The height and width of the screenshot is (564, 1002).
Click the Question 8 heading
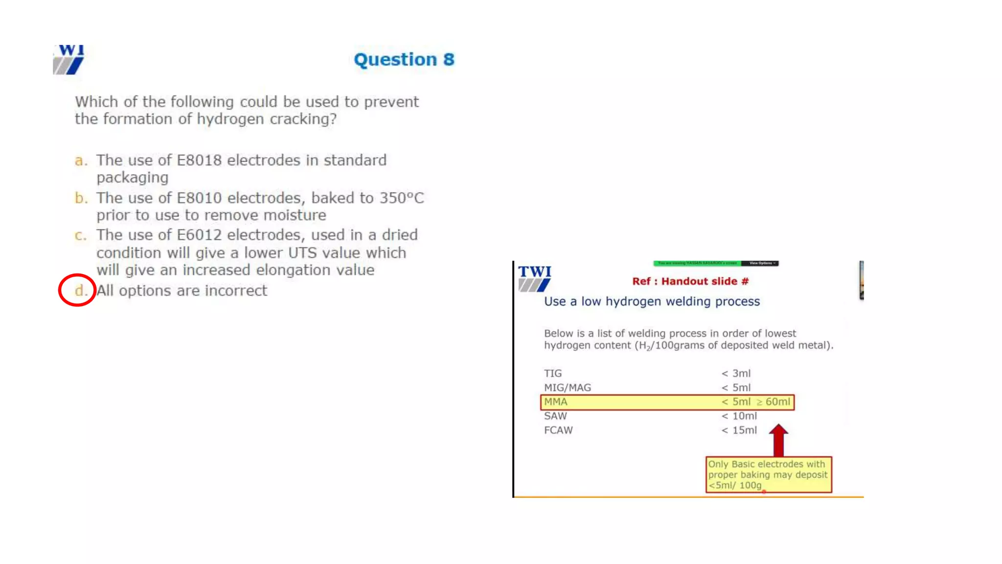[404, 59]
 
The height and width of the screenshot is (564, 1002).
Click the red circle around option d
[77, 290]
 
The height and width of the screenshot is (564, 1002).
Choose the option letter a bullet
[81, 161]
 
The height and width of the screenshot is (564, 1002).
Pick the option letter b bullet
[81, 198]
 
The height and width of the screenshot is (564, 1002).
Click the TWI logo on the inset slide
[534, 278]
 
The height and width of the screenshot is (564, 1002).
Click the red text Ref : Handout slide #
[690, 281]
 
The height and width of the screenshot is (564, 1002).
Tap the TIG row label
[553, 373]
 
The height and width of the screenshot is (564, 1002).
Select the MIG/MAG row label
[568, 387]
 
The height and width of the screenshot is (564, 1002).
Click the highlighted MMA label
[556, 402]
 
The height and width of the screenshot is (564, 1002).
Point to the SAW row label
[555, 416]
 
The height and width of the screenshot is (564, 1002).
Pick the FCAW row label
[558, 430]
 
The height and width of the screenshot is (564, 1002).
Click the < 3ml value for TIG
[736, 373]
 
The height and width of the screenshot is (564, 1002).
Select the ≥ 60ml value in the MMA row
[773, 402]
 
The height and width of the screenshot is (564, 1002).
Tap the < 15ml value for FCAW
[739, 430]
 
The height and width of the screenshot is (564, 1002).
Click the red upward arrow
[778, 440]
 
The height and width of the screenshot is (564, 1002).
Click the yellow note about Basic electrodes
[768, 474]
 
